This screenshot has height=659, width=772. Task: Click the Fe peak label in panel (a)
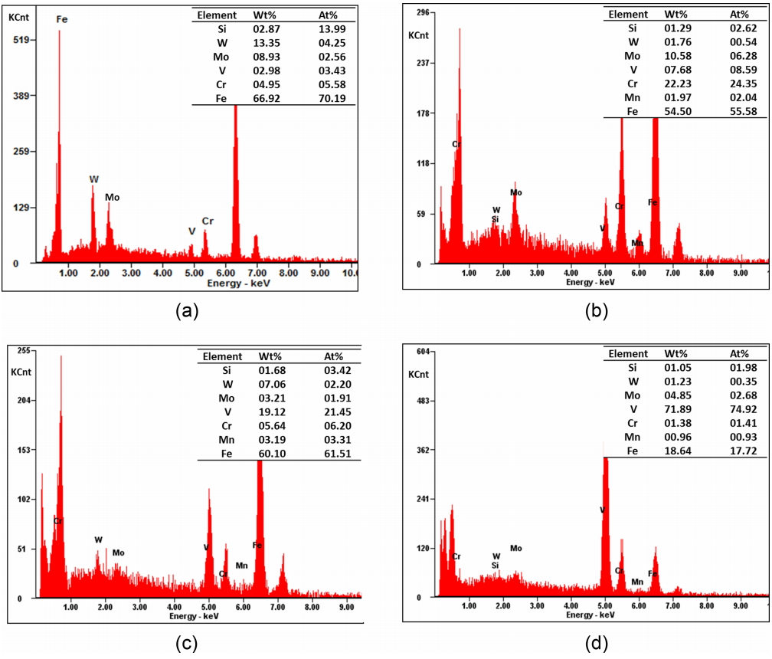62,18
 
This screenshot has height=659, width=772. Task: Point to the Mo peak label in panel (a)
113,198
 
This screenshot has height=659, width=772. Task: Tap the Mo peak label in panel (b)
516,193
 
